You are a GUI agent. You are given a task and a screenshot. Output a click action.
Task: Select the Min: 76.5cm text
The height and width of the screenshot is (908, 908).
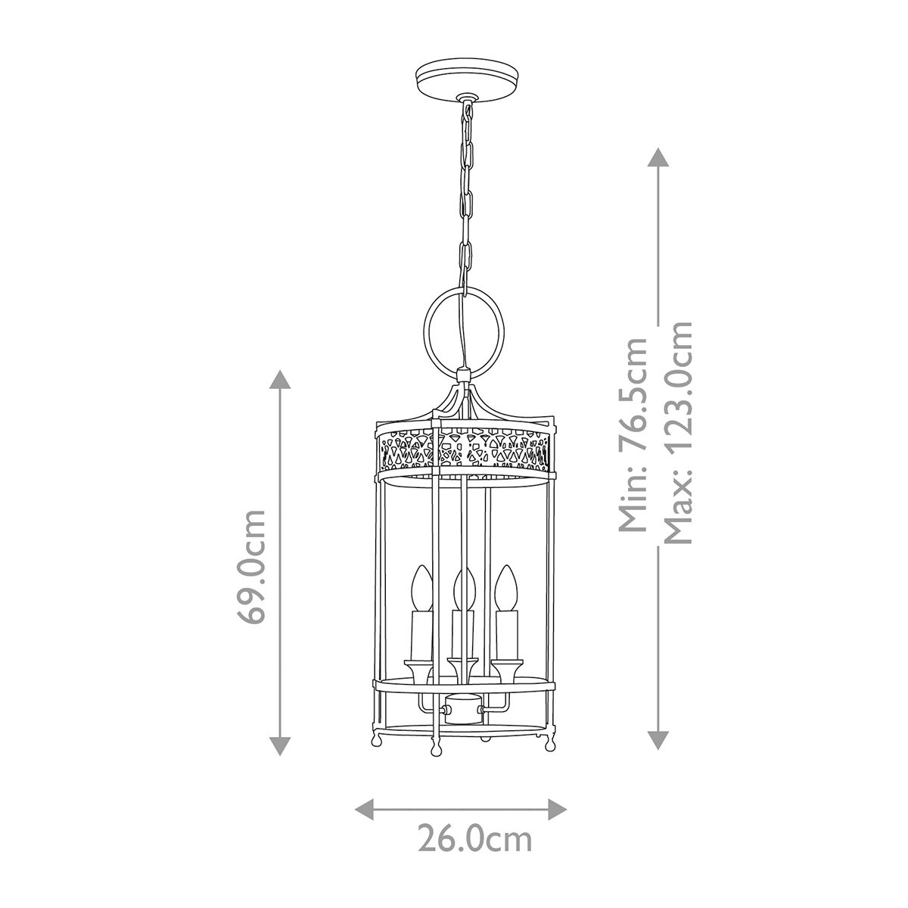coord(633,434)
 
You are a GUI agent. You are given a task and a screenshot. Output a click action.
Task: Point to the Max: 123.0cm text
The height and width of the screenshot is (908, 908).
coord(677,433)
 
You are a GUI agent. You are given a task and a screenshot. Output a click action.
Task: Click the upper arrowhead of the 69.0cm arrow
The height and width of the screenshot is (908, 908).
coord(281,379)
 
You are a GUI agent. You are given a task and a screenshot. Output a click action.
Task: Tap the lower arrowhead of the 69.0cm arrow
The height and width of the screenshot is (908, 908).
coord(281,747)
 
